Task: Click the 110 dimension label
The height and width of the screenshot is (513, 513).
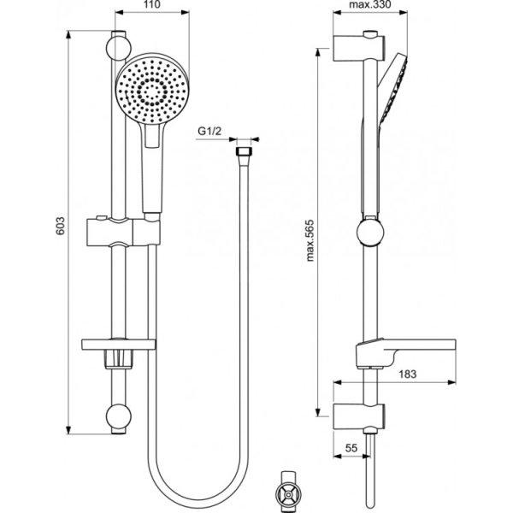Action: pos(152,4)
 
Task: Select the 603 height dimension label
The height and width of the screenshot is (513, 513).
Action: pos(60,226)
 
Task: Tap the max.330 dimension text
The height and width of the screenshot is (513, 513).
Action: pos(370,4)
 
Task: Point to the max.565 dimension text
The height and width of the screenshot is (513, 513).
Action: pos(310,240)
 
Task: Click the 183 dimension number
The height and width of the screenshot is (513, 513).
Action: pos(408,374)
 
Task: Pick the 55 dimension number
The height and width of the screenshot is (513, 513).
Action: pos(351,448)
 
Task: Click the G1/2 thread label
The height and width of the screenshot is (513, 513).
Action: pos(210,132)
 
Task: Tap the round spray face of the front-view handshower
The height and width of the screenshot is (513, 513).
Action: pos(152,88)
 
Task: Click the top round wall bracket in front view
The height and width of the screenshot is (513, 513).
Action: pos(119,48)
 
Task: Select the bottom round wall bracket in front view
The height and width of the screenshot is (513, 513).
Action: pos(119,416)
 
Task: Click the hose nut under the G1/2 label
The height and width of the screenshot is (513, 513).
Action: pos(244,152)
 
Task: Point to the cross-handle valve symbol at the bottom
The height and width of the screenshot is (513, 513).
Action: pos(287,493)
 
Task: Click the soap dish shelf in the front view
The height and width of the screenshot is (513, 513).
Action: pos(119,345)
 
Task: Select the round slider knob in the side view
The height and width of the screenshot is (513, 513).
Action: pos(370,233)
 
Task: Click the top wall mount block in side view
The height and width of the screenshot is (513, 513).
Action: pos(358,47)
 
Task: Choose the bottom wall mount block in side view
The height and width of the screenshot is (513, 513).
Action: pos(358,416)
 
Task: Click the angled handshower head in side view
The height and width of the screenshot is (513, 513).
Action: pos(392,90)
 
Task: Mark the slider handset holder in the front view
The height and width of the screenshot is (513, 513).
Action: pos(124,232)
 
